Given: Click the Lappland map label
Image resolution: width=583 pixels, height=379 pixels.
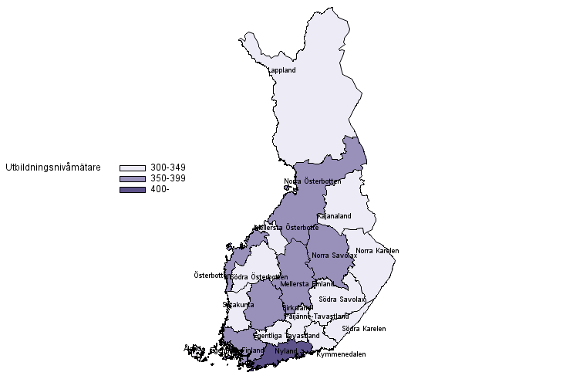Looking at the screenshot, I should point(281,70).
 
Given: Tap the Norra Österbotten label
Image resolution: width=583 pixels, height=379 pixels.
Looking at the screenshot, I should point(312,181).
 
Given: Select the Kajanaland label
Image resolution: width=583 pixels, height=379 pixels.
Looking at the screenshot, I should point(334,216).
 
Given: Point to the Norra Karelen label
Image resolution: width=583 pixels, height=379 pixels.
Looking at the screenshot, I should point(377,250).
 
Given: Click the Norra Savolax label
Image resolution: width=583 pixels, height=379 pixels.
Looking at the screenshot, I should point(334,255).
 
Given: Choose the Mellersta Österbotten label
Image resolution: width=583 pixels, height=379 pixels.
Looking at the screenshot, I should point(286,228).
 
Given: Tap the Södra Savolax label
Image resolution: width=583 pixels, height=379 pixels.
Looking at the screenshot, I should point(342,299).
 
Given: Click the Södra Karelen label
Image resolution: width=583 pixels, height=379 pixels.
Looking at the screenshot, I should point(363,328).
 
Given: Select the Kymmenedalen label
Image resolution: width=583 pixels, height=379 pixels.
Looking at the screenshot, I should point(341,354).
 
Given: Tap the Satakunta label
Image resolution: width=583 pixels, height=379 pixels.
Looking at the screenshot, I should point(238,305).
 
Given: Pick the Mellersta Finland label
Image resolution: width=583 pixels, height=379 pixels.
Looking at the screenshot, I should point(308,283).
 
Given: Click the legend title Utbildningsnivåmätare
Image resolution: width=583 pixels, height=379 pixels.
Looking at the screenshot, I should point(52,167).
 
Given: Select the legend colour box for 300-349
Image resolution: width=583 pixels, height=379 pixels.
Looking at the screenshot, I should point(132,168).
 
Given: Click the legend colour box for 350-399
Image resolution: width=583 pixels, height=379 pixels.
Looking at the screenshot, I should point(132,178).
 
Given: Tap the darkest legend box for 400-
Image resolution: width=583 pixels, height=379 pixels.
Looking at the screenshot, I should point(132,190).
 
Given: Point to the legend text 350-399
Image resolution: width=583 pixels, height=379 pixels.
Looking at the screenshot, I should point(167,178).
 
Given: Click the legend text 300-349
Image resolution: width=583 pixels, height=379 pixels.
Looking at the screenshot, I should point(167,168).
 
